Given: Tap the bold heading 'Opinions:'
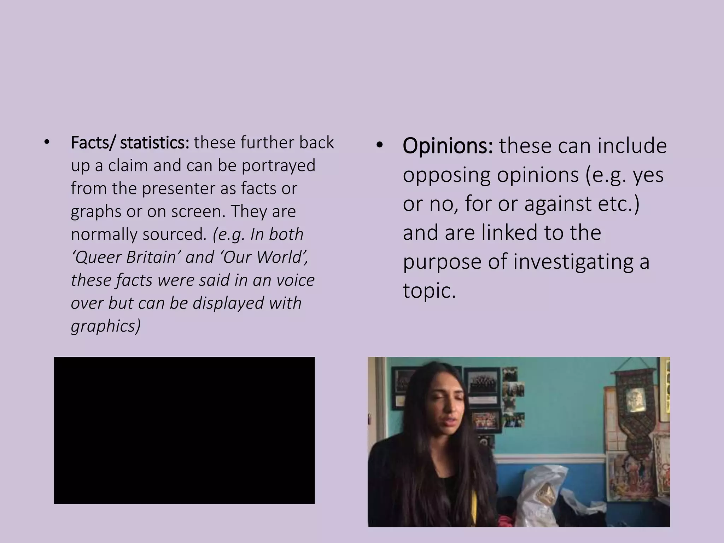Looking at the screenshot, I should tap(448, 146).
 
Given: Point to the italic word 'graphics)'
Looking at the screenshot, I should tap(106, 326).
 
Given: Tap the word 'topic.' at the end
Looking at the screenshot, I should tap(429, 291).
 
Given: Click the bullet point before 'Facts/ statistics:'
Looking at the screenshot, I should tap(47, 143).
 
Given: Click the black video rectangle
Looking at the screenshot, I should tap(184, 430).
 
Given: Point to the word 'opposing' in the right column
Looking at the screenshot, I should tap(446, 175).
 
